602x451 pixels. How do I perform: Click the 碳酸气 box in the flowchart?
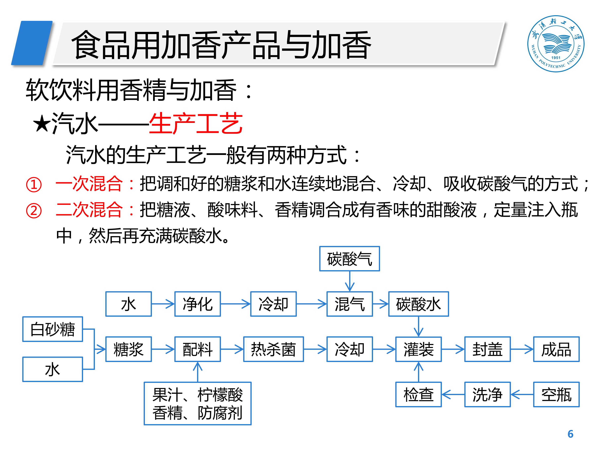[349, 259]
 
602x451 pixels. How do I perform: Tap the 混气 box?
[349, 304]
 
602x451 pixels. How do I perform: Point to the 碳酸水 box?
[418, 304]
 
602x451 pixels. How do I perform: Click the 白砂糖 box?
[53, 329]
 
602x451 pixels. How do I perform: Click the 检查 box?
[418, 394]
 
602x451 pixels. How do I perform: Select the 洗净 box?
[487, 394]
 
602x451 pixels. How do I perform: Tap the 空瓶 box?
[556, 394]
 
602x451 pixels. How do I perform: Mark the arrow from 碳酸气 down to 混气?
[349, 281]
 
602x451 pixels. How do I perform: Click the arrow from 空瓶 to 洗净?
[522, 394]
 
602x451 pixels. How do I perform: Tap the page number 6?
[570, 434]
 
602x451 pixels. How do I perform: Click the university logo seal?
[555, 43]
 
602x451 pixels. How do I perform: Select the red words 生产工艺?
[196, 123]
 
